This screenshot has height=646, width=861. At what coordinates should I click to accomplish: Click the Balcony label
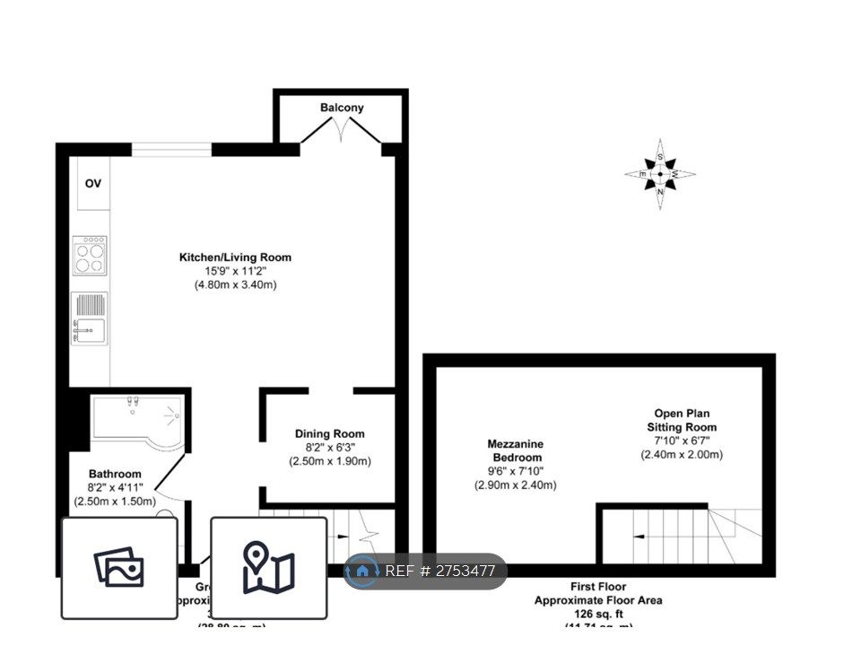point(342,108)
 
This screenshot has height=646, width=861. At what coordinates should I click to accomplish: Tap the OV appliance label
point(93,184)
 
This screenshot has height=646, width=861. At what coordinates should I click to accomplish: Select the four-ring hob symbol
point(89,253)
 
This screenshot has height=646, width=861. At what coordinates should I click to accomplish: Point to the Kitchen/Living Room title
point(235,258)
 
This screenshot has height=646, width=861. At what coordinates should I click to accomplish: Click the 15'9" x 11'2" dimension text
point(235,271)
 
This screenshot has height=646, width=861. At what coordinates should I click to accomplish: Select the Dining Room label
point(329,434)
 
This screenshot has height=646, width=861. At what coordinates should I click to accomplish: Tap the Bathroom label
point(115,474)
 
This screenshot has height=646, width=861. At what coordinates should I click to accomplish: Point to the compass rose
point(660,174)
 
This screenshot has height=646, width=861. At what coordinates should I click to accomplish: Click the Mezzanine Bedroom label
point(515,450)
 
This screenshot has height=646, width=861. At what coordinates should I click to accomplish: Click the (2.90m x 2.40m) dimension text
point(515,484)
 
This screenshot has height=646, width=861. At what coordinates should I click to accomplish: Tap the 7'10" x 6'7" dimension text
point(682,441)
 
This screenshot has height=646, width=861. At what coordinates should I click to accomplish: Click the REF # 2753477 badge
point(425,572)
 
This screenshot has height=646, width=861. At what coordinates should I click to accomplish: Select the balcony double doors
point(341,133)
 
